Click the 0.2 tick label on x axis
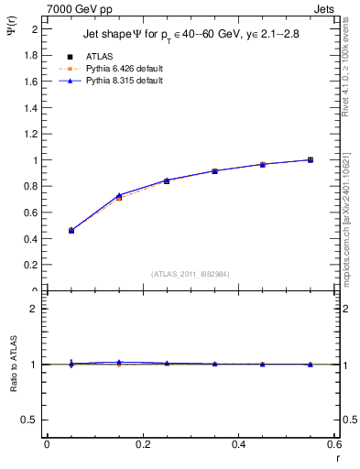click(142, 445)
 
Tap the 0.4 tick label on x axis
click(238, 445)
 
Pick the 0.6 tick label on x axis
click(334, 445)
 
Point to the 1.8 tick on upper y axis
click(30, 55)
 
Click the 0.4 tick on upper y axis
click(30, 238)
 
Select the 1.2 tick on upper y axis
click(30, 134)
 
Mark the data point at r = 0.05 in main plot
click(71, 231)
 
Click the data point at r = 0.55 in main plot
click(311, 160)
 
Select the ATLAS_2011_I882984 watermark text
click(190, 274)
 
